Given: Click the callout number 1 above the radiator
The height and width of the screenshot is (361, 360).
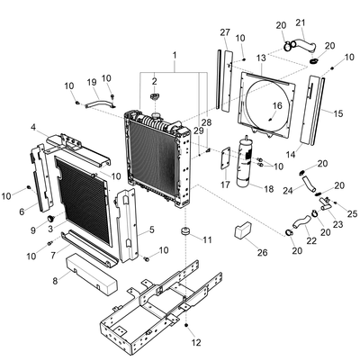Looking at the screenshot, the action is tap(175, 56).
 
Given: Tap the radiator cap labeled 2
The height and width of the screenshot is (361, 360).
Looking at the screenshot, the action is tap(154, 96).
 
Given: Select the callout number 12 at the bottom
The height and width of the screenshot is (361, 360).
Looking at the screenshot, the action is tap(196, 342).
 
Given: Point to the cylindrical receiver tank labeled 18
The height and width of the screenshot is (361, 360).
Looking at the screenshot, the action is tap(246, 162).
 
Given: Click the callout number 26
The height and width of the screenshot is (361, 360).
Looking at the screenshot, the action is tap(262, 253).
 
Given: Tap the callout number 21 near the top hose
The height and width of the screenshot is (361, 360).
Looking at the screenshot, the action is tap(301, 23).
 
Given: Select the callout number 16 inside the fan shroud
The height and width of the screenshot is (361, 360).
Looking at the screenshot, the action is tap(277, 105).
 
